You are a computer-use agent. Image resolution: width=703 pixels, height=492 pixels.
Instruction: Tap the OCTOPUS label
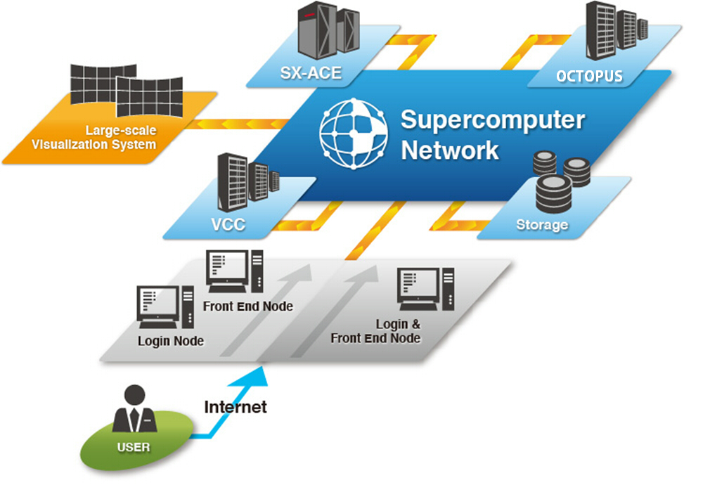pos(589,76)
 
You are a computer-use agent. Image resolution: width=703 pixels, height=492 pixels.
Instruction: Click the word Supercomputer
pos(492,120)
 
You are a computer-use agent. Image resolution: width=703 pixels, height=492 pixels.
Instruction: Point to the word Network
pos(450,150)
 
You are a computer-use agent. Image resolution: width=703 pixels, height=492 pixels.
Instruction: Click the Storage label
pos(541,225)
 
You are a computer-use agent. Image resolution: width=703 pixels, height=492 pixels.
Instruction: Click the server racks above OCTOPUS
pos(612,32)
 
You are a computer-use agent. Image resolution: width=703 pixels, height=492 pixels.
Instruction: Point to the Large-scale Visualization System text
pos(120,138)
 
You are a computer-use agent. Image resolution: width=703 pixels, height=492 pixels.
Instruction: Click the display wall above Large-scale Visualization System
pos(127,91)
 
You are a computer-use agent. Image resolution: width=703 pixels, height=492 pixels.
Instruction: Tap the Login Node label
pos(171,341)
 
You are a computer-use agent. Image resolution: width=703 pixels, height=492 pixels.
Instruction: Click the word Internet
pos(236,407)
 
